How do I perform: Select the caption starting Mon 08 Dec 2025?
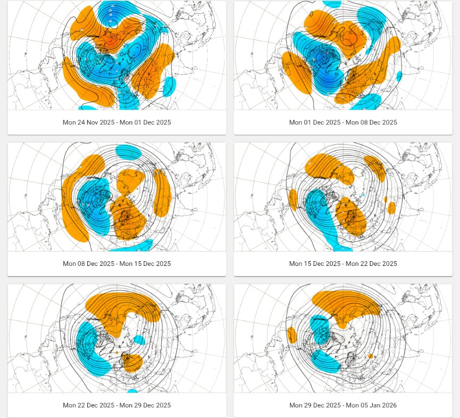click(117, 264)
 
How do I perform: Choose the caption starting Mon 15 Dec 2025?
click(343, 264)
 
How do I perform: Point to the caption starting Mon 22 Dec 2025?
click(117, 405)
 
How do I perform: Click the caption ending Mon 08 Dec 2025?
click(343, 122)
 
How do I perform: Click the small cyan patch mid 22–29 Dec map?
click(139, 340)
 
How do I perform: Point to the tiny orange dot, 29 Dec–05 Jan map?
click(371, 356)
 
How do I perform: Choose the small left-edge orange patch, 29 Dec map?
click(292, 335)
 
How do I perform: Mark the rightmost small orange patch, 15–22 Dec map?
click(392, 208)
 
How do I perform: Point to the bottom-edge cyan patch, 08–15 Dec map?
click(134, 246)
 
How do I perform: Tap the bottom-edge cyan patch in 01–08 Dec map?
click(366, 102)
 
